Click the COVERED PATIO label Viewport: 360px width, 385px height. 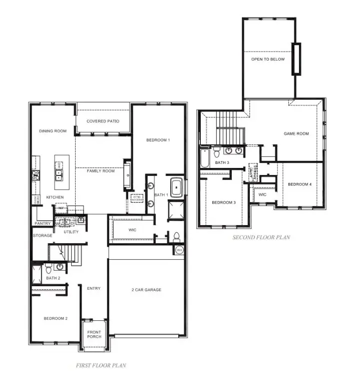click(103, 121)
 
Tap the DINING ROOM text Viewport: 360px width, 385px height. click(53, 131)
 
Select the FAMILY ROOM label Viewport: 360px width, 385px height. click(101, 171)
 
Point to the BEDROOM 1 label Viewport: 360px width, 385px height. click(158, 140)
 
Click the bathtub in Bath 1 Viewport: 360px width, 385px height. click(177, 187)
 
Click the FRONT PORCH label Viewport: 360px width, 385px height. click(94, 334)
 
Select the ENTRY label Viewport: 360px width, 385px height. click(94, 288)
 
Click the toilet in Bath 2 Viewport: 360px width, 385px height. click(49, 269)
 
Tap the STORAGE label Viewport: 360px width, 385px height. click(43, 235)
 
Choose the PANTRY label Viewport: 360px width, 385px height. click(43, 223)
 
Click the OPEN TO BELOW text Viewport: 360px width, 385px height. click(268, 59)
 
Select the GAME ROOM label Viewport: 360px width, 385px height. click(296, 134)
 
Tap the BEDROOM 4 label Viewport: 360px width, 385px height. click(299, 184)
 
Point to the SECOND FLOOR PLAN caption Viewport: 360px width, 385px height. click(261, 237)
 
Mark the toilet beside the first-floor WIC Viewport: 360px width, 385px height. click(176, 237)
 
